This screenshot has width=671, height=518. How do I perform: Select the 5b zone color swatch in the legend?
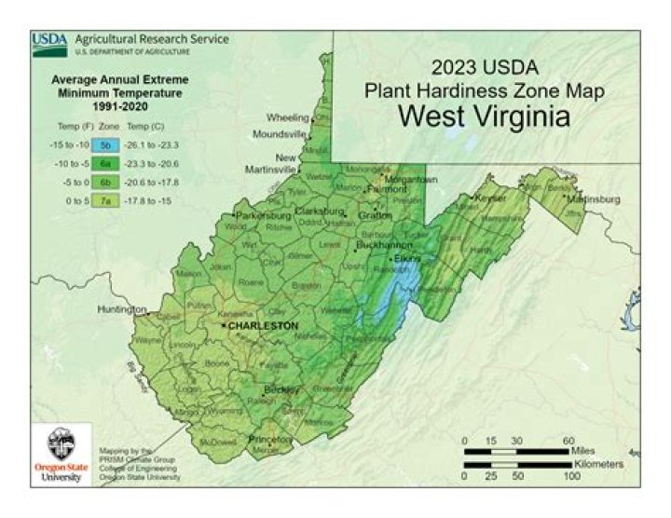(106, 145)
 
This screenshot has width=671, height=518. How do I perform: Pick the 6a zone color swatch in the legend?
(106, 164)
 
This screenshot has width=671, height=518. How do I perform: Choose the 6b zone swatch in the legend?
(106, 183)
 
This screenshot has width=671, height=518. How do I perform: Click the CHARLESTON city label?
(263, 326)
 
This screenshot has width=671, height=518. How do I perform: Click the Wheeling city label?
(289, 118)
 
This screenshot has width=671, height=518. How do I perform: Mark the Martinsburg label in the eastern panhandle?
(594, 198)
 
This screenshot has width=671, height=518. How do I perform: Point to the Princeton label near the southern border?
(270, 438)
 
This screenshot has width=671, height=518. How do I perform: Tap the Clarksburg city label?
(320, 211)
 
